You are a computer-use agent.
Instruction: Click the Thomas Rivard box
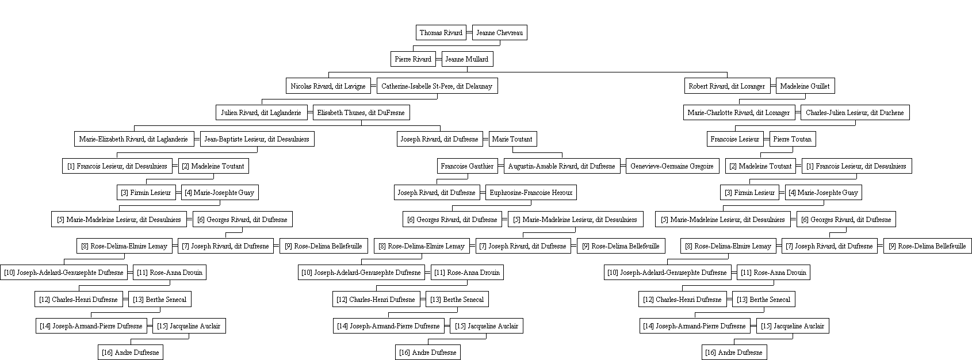point(441,33)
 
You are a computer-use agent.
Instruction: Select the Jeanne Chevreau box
point(499,33)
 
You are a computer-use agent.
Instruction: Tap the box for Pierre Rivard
point(413,59)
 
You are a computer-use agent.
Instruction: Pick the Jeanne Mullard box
point(467,59)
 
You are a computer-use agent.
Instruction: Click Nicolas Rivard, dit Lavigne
point(328,86)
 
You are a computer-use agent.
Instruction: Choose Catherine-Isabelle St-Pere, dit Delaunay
point(437,86)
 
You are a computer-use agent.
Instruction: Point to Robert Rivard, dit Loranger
point(727,86)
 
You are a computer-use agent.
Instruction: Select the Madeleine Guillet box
point(805,86)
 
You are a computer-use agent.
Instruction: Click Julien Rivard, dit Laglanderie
point(261,113)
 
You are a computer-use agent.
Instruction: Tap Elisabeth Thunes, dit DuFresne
point(361,113)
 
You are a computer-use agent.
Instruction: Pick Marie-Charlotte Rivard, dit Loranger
point(739,113)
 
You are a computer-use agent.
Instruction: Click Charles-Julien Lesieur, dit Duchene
point(855,113)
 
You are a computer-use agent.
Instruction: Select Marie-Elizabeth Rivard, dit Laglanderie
point(133,139)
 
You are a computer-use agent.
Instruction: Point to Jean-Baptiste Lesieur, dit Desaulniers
point(257,139)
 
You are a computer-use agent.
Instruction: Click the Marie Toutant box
point(512,139)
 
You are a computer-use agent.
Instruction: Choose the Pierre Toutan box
point(793,139)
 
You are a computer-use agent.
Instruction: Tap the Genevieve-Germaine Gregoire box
point(672,166)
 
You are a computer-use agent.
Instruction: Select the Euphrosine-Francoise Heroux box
point(531,193)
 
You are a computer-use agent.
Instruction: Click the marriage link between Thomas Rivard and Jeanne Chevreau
point(469,33)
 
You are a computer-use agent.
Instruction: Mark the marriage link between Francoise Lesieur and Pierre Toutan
point(766,139)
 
